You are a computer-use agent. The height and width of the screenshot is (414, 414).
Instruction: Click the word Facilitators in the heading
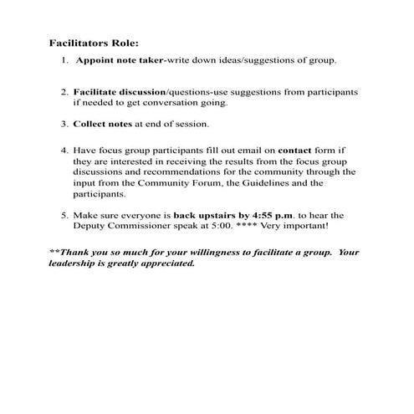[x=76, y=43]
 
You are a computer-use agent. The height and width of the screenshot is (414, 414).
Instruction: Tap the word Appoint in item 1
[x=95, y=61]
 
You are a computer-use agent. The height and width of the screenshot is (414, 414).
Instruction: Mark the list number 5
[x=64, y=215]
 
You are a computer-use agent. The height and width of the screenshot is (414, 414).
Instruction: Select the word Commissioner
[x=144, y=227]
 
